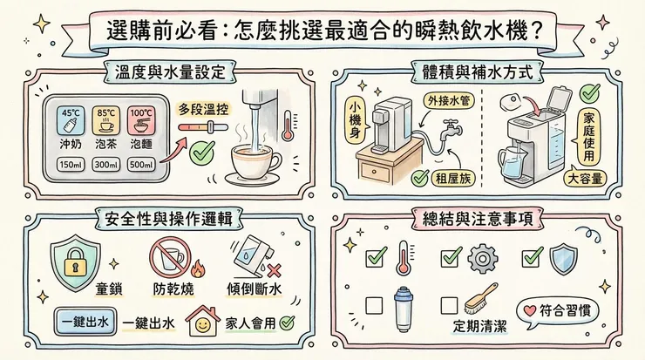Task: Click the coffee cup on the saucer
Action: pyautogui.click(x=254, y=162)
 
